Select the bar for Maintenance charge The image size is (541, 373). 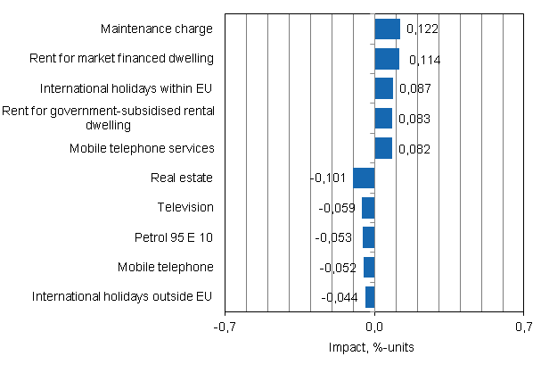pos(388,29)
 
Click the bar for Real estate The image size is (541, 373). pos(364,178)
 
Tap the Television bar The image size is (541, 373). pos(368,208)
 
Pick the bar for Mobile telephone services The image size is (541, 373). pos(383,148)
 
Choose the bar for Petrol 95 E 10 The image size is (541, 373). pos(369,237)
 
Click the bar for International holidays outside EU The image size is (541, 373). pos(370,297)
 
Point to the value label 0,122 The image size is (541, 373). pos(422,29)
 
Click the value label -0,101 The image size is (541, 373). pos(329,178)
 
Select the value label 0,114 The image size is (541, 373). pos(424,60)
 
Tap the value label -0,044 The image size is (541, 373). pos(339,297)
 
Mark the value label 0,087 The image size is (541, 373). pos(415,89)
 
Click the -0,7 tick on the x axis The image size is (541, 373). pos(226,327)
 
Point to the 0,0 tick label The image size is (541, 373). pos(375,327)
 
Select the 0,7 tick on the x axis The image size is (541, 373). pos(523,327)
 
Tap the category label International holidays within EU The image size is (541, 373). pos(127,88)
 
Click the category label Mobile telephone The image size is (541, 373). pos(166,266)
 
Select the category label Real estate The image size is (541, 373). pos(184,178)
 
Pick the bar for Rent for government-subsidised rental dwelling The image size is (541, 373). pos(383,119)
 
